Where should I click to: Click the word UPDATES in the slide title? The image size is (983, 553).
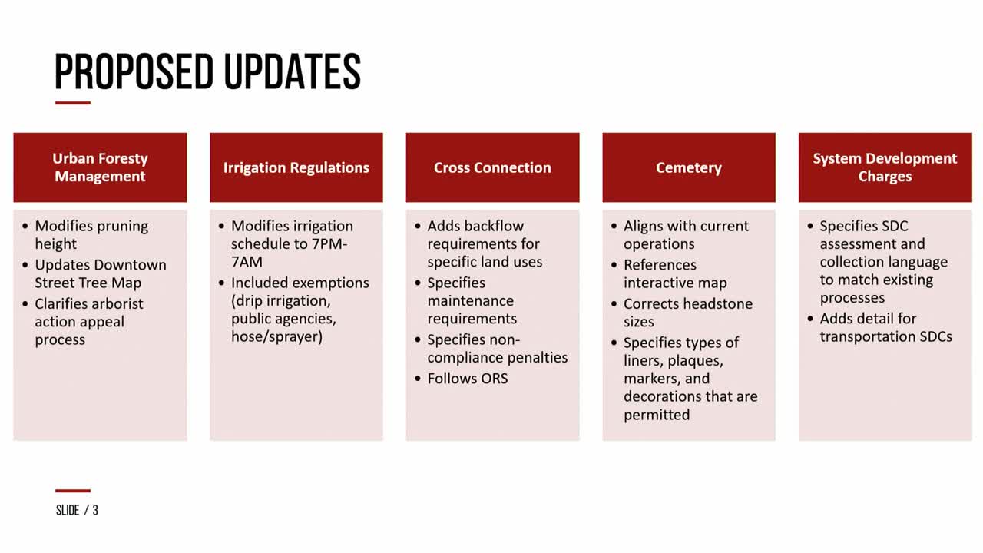[293, 71]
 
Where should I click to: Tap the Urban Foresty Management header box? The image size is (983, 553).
[100, 167]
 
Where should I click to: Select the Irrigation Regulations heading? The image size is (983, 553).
[296, 167]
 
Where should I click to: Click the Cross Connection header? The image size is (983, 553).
[492, 167]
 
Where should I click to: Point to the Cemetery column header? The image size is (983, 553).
[689, 167]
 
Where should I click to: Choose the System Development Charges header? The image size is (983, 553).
[885, 167]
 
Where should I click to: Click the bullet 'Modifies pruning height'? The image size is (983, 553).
[91, 235]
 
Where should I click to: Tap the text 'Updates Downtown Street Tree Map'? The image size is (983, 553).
[101, 274]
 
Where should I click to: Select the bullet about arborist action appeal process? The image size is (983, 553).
[88, 322]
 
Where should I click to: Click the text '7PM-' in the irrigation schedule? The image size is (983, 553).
[327, 243]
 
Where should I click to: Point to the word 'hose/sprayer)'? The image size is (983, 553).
[277, 336]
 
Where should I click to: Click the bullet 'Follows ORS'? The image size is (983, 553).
[468, 379]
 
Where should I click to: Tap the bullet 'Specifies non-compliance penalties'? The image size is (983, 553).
[497, 349]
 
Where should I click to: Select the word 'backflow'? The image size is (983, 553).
[498, 226]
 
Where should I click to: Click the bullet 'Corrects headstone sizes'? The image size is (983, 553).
[687, 313]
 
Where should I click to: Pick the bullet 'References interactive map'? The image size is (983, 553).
[675, 274]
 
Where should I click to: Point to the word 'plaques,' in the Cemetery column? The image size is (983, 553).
[695, 361]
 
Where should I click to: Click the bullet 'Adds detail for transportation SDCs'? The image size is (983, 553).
[885, 327]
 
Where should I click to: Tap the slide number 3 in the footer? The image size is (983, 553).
[95, 511]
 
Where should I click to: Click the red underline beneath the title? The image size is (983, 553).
[73, 103]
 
